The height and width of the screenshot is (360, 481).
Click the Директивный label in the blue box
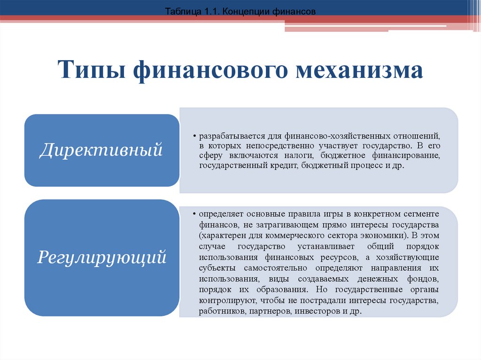coord(101,150)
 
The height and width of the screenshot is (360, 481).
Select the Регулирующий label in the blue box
coord(102,258)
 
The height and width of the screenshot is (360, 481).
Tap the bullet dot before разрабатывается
coord(194,136)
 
